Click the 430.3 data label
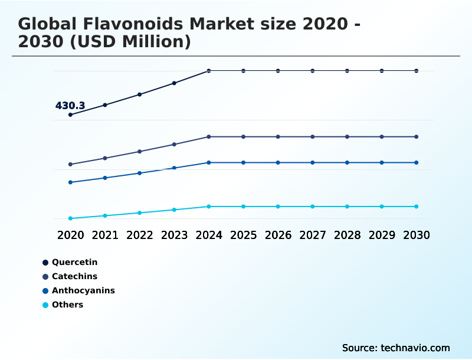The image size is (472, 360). pyautogui.click(x=70, y=106)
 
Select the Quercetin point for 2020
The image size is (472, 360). pyautogui.click(x=71, y=114)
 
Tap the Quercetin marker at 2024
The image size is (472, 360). pyautogui.click(x=209, y=71)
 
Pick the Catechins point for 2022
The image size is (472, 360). pyautogui.click(x=140, y=152)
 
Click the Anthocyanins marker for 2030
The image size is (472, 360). pyautogui.click(x=416, y=162)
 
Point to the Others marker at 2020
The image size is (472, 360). pyautogui.click(x=71, y=218)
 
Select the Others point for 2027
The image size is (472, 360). pyautogui.click(x=313, y=207)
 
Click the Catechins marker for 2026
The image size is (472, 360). pyautogui.click(x=278, y=137)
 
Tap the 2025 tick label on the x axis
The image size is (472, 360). pyautogui.click(x=243, y=235)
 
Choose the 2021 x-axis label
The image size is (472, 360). pyautogui.click(x=105, y=235)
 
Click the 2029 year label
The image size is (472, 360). pyautogui.click(x=382, y=235)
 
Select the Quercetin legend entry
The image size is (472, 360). pyautogui.click(x=74, y=262)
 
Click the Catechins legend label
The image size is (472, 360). pyautogui.click(x=74, y=276)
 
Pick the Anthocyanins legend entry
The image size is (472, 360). pyautogui.click(x=83, y=290)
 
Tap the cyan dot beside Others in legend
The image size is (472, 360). pyautogui.click(x=45, y=305)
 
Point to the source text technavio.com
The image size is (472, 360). pyautogui.click(x=415, y=348)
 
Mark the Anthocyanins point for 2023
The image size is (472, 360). pyautogui.click(x=174, y=168)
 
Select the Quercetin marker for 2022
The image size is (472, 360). pyautogui.click(x=140, y=94)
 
